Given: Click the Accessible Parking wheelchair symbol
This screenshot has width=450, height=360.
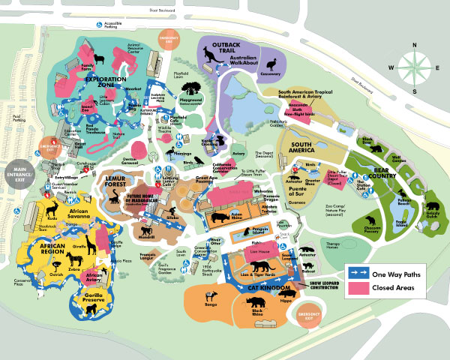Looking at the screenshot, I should click(99, 23).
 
